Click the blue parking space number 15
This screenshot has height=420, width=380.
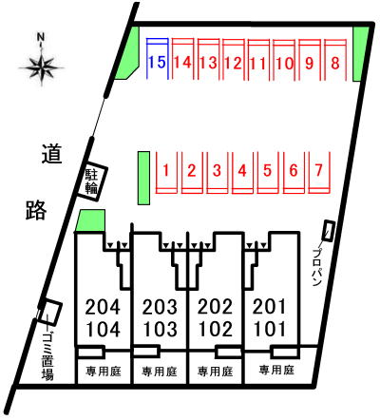tap(157, 59)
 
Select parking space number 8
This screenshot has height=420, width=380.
tap(335, 59)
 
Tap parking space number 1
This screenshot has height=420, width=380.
tap(166, 173)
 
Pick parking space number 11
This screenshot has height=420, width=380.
tap(258, 59)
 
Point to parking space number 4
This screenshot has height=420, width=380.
tap(242, 173)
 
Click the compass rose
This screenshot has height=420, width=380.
tap(41, 67)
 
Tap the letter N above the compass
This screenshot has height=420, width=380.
tap(41, 37)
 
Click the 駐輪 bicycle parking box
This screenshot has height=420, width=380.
tap(91, 181)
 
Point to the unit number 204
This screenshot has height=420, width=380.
tap(103, 307)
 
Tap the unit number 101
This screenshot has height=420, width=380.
tap(270, 330)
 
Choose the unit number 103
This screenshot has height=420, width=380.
tap(160, 330)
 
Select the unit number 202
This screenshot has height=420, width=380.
tap(215, 307)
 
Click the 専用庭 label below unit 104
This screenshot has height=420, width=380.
tap(104, 371)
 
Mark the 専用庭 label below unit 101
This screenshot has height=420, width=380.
tap(276, 370)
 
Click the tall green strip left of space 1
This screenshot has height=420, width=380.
tap(143, 178)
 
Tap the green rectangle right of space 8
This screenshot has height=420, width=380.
tap(360, 54)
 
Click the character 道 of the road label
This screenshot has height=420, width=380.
tap(52, 154)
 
